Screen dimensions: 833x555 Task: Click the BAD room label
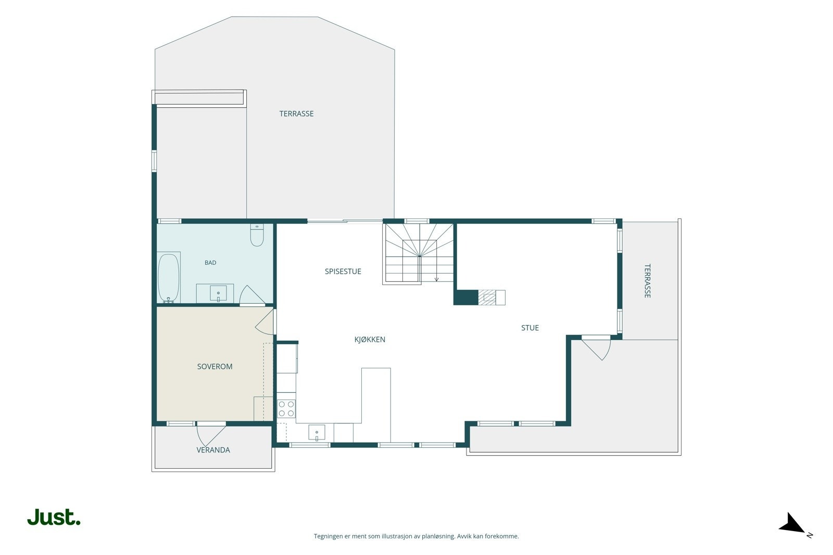pos(210,263)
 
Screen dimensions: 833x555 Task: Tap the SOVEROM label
pos(214,367)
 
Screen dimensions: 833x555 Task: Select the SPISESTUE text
pos(343,272)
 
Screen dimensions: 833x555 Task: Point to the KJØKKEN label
pos(370,340)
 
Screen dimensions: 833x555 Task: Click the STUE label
pos(530,328)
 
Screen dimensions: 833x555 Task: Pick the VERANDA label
pos(213,450)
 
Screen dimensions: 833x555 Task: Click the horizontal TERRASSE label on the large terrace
pos(296,114)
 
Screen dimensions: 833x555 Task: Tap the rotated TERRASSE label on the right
pos(648,281)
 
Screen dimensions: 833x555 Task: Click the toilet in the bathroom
pos(257,235)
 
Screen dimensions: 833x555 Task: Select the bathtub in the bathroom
pos(169,278)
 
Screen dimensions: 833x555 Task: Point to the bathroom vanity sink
pos(218,293)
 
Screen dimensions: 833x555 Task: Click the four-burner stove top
pos(286,409)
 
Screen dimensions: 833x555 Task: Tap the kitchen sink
pos(317,433)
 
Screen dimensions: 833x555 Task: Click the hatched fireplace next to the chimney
pos(487,298)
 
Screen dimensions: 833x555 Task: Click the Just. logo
pos(54,517)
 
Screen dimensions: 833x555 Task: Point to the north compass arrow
pos(792,523)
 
